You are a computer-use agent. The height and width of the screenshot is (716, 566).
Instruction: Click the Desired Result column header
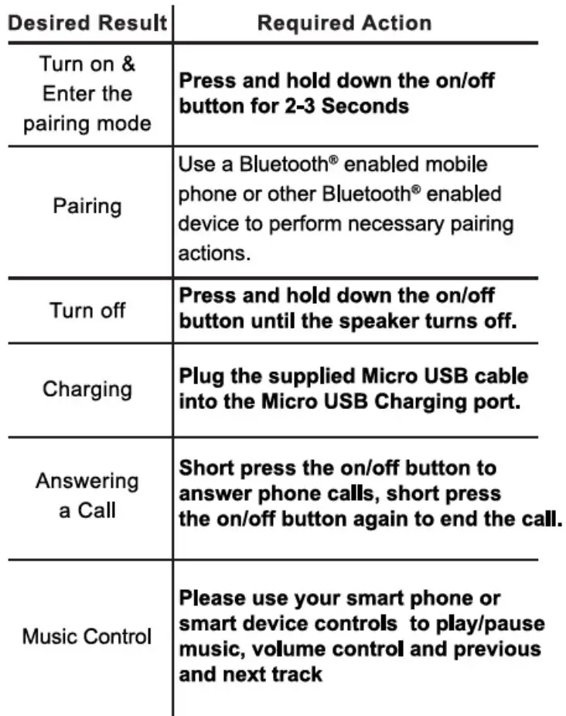click(87, 23)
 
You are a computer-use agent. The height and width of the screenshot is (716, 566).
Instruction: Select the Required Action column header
click(344, 23)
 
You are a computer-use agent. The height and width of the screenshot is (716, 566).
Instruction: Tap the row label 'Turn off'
click(87, 311)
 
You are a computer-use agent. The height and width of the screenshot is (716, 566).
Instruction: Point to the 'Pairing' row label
click(87, 206)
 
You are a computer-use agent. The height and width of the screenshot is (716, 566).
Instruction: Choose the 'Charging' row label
click(87, 389)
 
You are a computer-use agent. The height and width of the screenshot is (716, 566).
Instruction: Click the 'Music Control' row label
click(87, 637)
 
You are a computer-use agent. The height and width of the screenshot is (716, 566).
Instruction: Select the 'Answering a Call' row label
click(87, 496)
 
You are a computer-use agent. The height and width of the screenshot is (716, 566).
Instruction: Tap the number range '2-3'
click(295, 105)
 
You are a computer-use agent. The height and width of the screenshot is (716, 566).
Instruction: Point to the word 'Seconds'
click(365, 105)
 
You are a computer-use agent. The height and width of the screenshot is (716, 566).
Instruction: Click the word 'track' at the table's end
click(295, 674)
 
